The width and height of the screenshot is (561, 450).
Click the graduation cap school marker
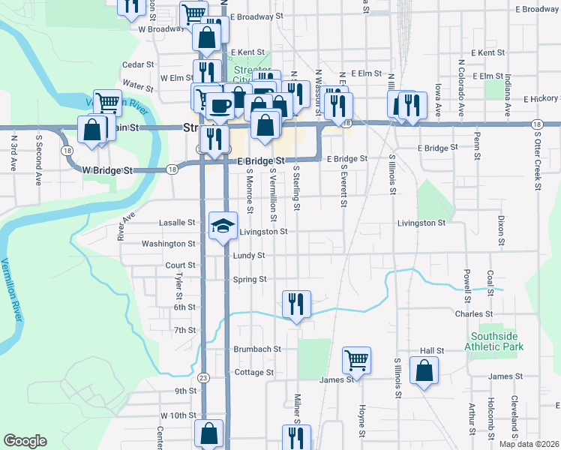coord(222,226)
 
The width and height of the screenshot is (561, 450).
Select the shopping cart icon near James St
coord(357,360)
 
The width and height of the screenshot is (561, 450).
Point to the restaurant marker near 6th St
coord(296,304)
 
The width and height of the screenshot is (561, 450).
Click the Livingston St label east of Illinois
coord(421,223)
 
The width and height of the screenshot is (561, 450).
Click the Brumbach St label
coord(256,349)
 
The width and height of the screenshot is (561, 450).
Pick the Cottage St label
coord(253,372)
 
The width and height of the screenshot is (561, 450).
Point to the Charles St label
coord(473,314)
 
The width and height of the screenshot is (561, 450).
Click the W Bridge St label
coord(108,170)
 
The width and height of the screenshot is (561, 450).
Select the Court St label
coord(180,265)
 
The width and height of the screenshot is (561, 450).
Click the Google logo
coord(25,441)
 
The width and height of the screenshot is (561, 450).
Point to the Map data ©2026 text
coord(529,444)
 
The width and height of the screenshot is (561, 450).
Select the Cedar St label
coord(137,65)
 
